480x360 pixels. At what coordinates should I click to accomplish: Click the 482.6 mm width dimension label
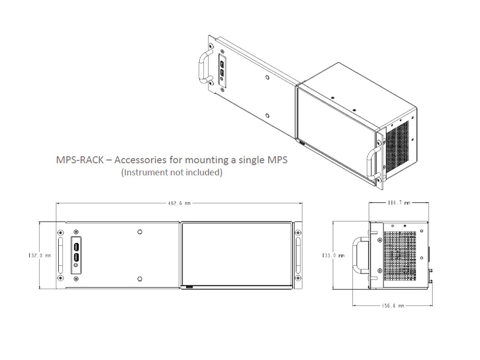pyautogui.click(x=179, y=203)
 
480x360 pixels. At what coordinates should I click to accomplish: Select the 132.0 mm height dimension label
pyautogui.click(x=40, y=256)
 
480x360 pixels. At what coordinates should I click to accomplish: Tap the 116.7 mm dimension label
pyautogui.click(x=399, y=203)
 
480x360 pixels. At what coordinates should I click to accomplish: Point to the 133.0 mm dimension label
pyautogui.click(x=333, y=256)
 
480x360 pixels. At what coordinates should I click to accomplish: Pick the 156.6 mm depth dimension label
pyautogui.click(x=393, y=305)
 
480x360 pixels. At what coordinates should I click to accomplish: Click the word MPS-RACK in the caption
pyautogui.click(x=80, y=160)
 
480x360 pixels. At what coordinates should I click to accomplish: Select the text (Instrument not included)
pyautogui.click(x=172, y=172)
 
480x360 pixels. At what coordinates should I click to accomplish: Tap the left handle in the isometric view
pyautogui.click(x=205, y=67)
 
